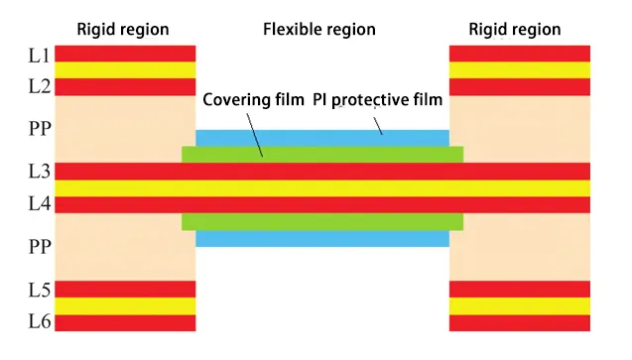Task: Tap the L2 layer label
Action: click(x=38, y=87)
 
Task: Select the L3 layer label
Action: click(x=38, y=171)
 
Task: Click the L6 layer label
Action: click(x=38, y=322)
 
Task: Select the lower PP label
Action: click(x=38, y=246)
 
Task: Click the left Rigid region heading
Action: click(x=123, y=29)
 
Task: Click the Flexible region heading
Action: click(x=318, y=29)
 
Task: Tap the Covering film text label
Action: click(x=253, y=101)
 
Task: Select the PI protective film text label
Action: click(x=377, y=101)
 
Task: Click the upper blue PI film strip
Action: click(x=322, y=138)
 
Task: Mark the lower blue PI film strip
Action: click(x=322, y=238)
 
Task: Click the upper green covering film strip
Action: click(x=322, y=155)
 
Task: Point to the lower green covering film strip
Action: click(x=322, y=221)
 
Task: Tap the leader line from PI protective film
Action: click(x=376, y=122)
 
